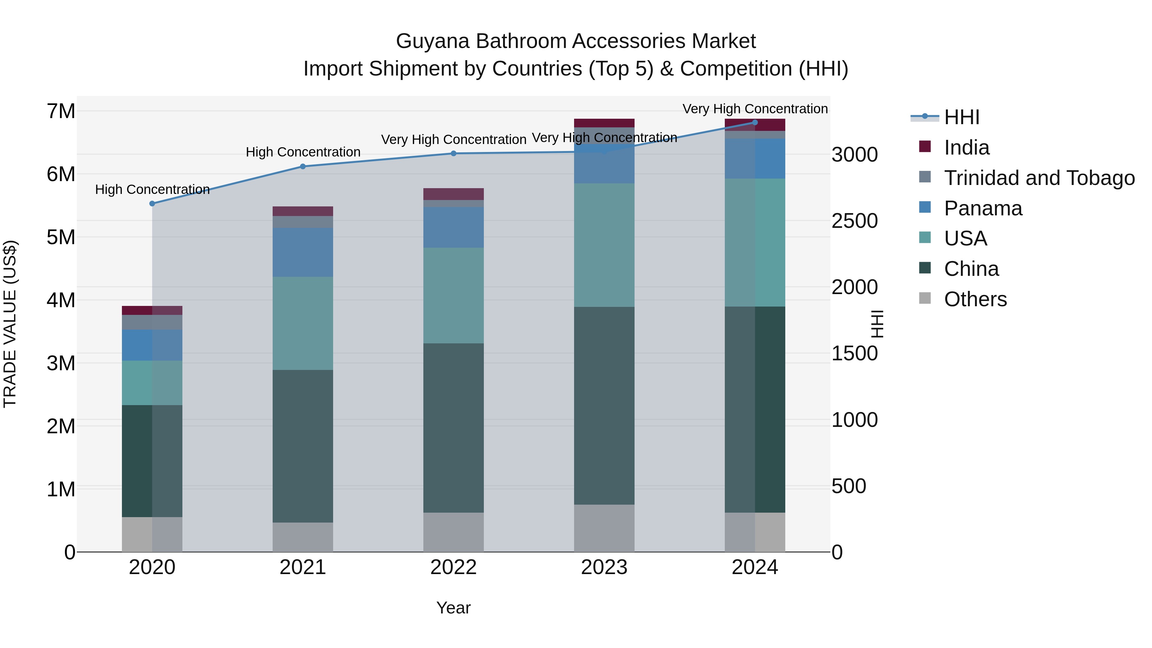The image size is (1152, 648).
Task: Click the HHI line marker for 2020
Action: (x=152, y=204)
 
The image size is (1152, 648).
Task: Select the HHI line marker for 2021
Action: (x=303, y=166)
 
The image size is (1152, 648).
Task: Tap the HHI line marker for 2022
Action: (x=453, y=153)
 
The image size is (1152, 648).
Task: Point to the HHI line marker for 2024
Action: (x=755, y=122)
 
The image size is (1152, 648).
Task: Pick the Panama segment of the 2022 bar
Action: (x=453, y=227)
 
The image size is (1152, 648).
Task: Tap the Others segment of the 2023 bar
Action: (x=604, y=528)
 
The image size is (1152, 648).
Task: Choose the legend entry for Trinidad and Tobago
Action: (x=1039, y=178)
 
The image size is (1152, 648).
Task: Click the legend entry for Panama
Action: (x=982, y=208)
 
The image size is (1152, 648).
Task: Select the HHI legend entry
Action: (x=962, y=117)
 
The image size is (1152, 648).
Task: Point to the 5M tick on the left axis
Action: (x=61, y=237)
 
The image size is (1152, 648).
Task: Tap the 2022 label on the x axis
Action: (x=453, y=567)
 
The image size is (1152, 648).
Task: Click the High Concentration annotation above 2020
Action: (x=152, y=190)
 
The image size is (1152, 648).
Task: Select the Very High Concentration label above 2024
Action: (x=755, y=109)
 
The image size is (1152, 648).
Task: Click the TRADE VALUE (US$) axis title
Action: (x=10, y=324)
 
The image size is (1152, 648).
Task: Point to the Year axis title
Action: (x=453, y=608)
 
